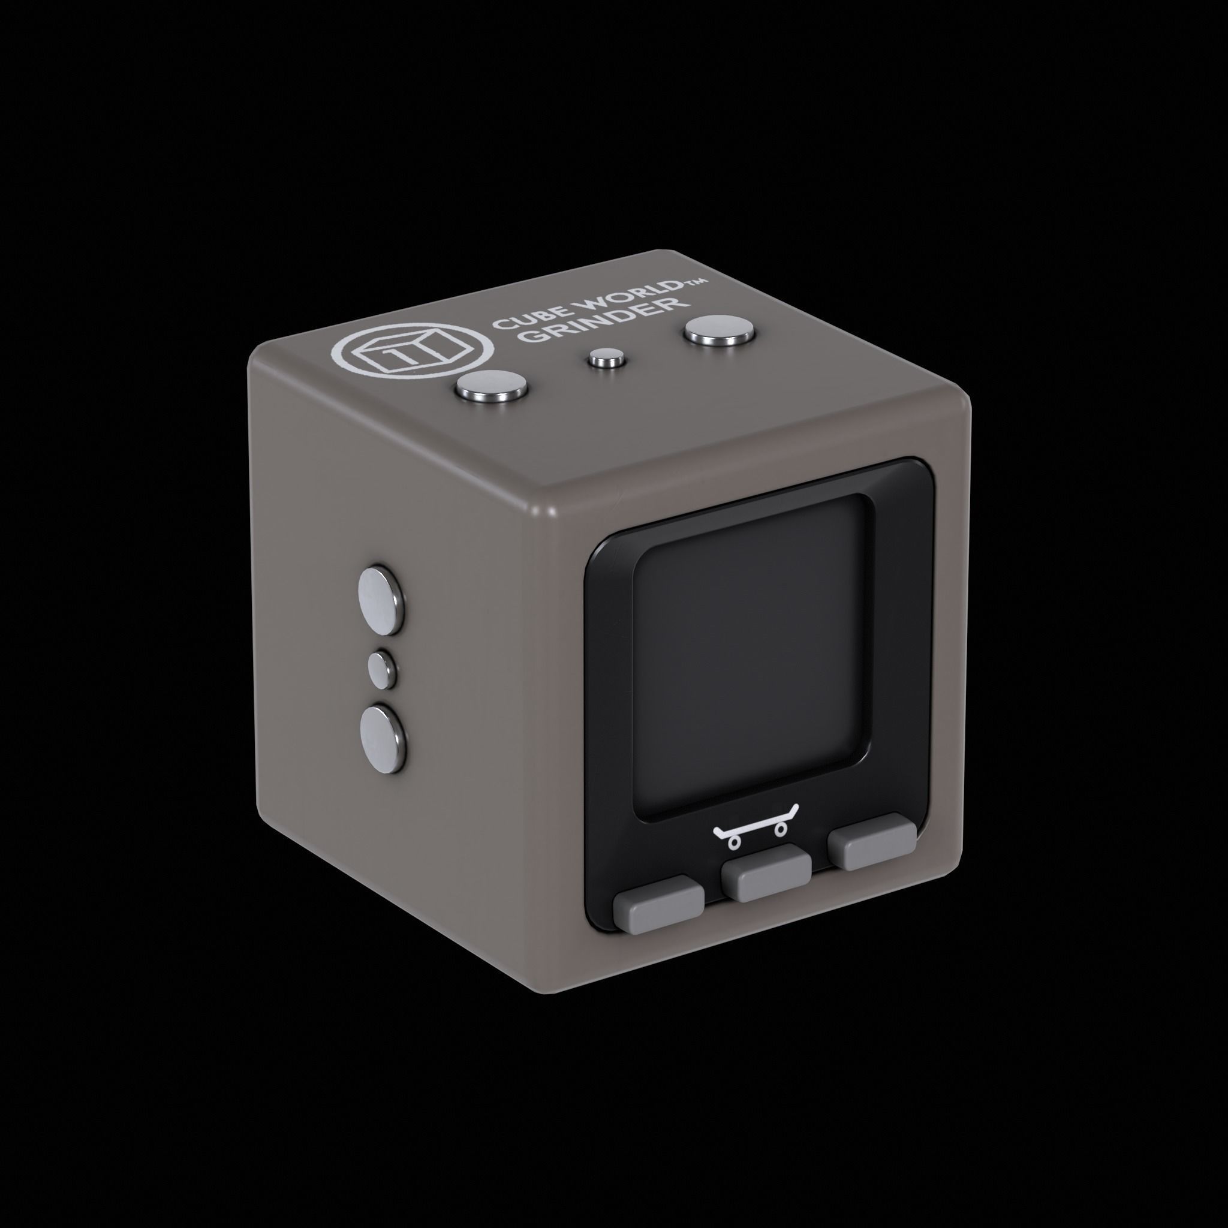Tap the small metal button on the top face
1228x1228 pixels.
(x=605, y=359)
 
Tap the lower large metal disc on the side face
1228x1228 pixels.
(x=382, y=738)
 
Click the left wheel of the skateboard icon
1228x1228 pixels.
(x=735, y=842)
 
